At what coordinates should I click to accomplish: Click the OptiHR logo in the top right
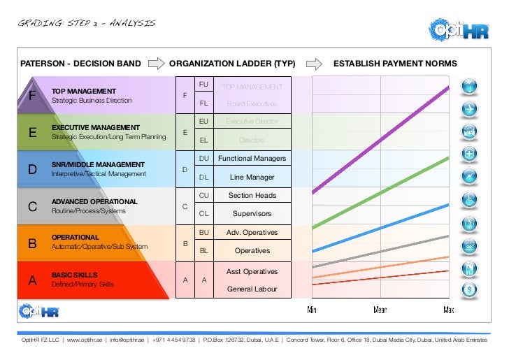pos(459,30)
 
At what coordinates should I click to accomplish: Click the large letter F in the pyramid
pos(31,96)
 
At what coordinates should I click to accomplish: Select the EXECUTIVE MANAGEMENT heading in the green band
pos(95,127)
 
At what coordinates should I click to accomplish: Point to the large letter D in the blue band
pos(31,169)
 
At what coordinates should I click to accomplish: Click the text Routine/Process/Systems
pos(89,210)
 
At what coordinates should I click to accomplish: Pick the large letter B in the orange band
pos(31,244)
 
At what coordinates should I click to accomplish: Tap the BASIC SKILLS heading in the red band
pos(75,275)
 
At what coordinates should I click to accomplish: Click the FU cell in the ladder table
pos(204,84)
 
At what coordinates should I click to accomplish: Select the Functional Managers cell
pos(252,159)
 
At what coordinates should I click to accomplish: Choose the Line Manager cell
pos(252,177)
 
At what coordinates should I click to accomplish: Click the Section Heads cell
pos(252,196)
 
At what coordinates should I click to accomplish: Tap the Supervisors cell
pos(252,213)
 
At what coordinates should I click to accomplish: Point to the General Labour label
pos(252,289)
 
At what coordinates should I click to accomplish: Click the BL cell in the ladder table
pos(204,250)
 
